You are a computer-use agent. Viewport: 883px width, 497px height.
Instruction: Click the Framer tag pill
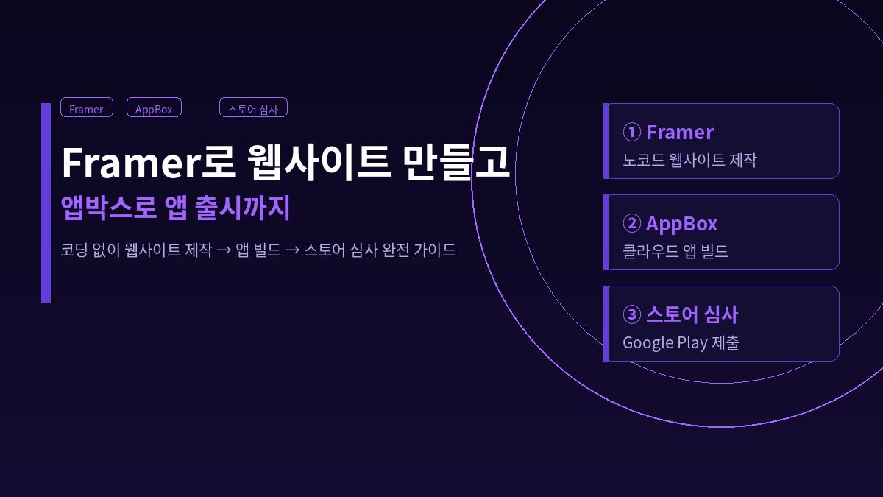pyautogui.click(x=87, y=108)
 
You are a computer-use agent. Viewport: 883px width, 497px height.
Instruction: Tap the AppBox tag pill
pyautogui.click(x=154, y=108)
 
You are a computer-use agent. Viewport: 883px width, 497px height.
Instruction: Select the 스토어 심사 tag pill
pyautogui.click(x=253, y=108)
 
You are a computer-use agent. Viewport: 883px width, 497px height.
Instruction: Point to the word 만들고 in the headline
pyautogui.click(x=457, y=162)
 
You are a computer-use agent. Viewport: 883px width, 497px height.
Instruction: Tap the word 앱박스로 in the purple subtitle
pyautogui.click(x=108, y=208)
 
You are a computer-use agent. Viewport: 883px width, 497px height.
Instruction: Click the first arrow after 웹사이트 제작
pyautogui.click(x=224, y=250)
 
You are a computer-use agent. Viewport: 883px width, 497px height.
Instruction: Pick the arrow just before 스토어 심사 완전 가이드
pyautogui.click(x=292, y=250)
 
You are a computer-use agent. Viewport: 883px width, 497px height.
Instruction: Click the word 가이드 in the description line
pyautogui.click(x=435, y=250)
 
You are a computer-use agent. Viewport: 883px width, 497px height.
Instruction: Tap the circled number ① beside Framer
pyautogui.click(x=631, y=133)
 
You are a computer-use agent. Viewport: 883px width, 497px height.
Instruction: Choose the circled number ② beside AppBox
pyautogui.click(x=631, y=224)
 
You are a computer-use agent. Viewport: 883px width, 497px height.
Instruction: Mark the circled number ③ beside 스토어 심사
pyautogui.click(x=631, y=315)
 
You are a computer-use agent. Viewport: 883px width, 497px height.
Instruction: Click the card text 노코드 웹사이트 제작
pyautogui.click(x=689, y=160)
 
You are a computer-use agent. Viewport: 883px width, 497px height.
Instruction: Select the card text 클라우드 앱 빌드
pyautogui.click(x=675, y=251)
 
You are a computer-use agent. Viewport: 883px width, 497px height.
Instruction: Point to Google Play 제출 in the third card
pyautogui.click(x=681, y=342)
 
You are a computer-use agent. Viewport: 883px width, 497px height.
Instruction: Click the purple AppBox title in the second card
pyautogui.click(x=681, y=224)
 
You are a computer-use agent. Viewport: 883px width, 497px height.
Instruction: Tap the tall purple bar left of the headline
pyautogui.click(x=46, y=202)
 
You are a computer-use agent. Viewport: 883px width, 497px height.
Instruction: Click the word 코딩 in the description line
pyautogui.click(x=72, y=250)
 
